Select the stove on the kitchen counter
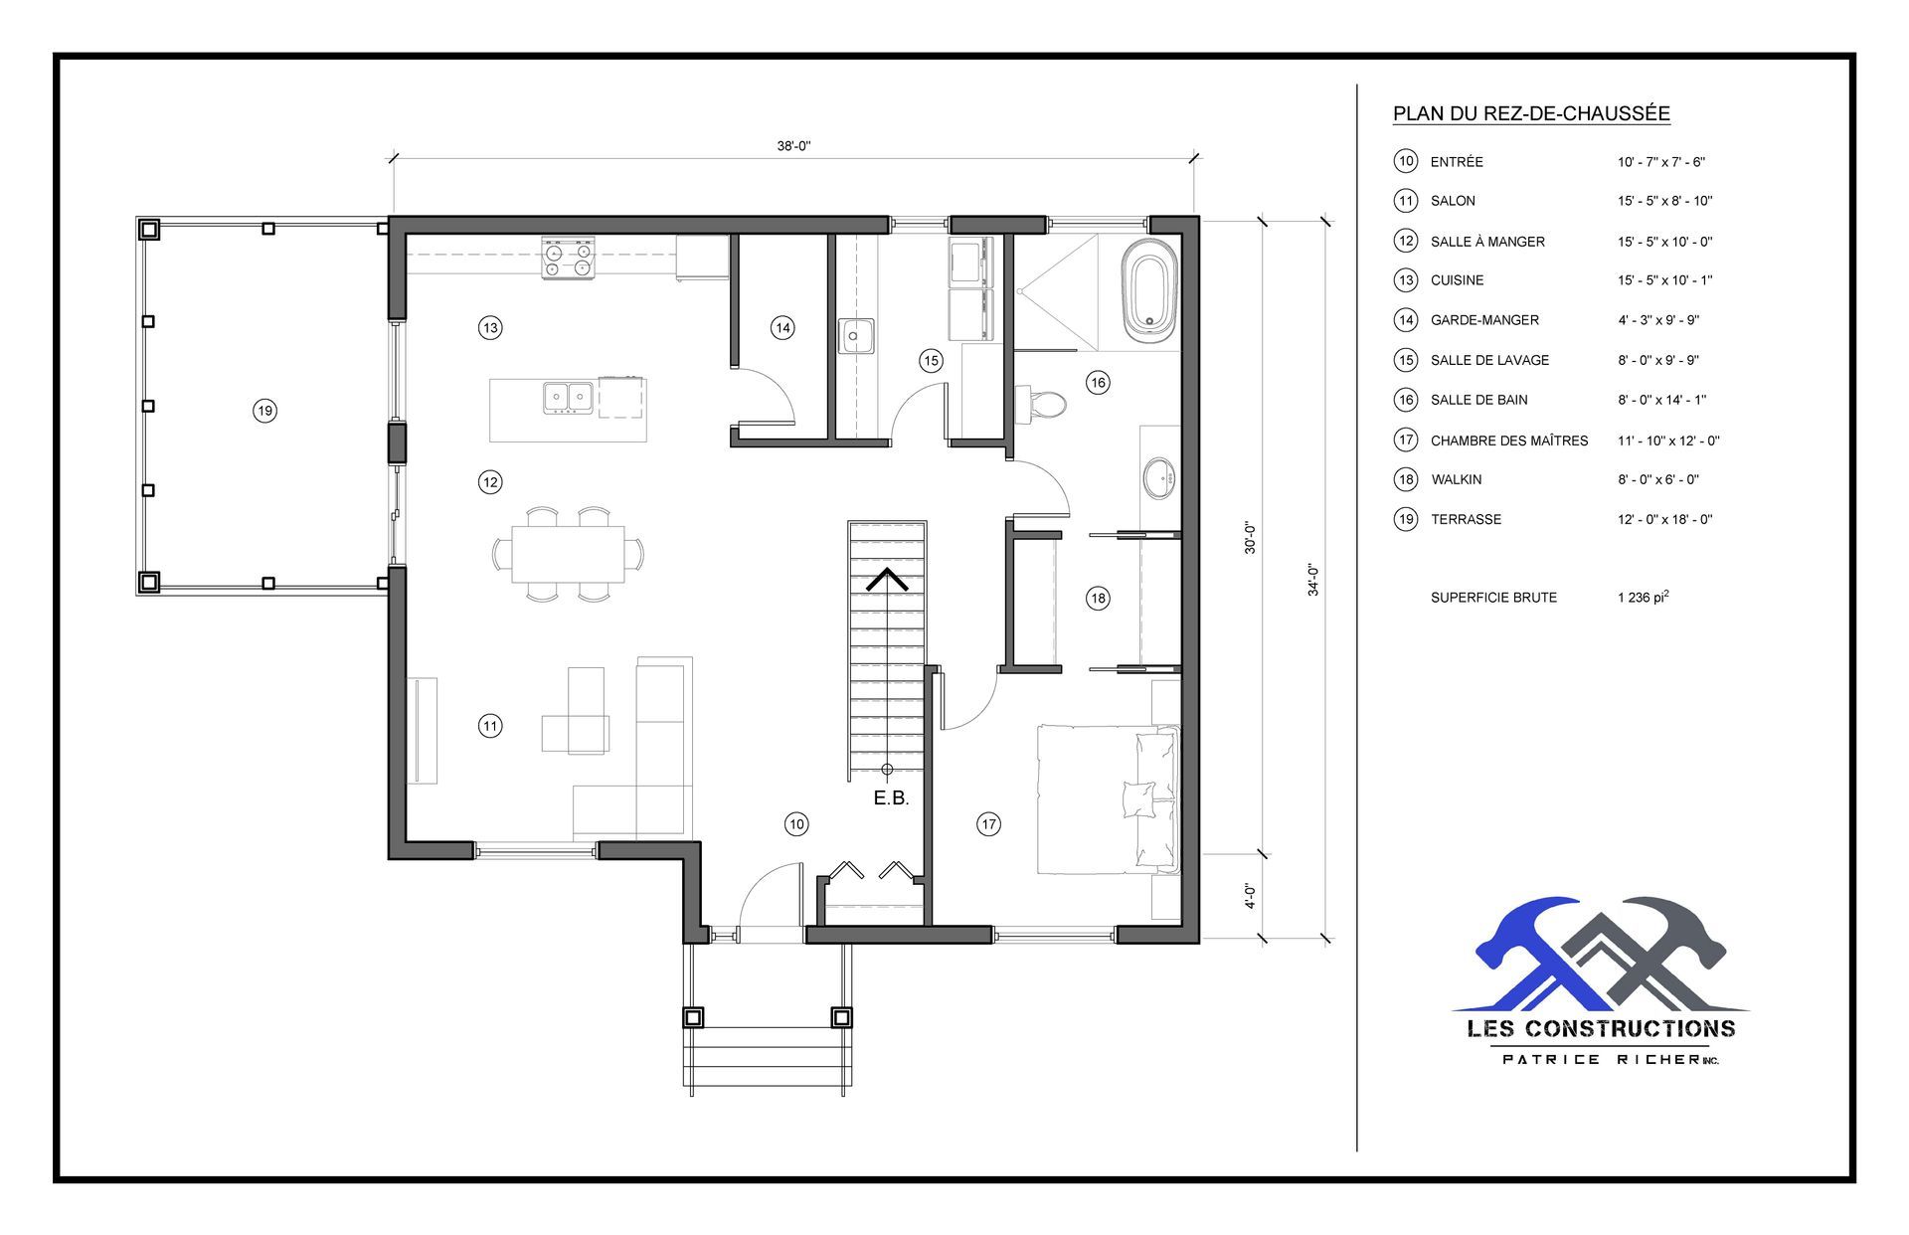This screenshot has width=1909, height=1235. [568, 259]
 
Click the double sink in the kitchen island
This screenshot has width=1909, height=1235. [568, 397]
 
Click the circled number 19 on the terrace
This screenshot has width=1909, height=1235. [264, 411]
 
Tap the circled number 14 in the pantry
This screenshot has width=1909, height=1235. [782, 328]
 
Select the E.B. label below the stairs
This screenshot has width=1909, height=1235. [891, 798]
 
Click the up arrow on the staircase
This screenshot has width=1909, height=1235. [886, 579]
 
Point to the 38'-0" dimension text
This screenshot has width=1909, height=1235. [793, 146]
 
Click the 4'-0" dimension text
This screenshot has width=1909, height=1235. [1250, 896]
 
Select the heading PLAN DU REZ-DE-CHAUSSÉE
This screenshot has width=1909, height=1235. [1530, 114]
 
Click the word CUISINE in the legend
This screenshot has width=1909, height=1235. [1457, 280]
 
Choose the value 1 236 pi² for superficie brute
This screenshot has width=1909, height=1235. [1643, 598]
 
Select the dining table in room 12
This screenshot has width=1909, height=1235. [568, 554]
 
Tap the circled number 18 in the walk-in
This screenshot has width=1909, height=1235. [1098, 599]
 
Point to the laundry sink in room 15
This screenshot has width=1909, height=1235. [854, 336]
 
